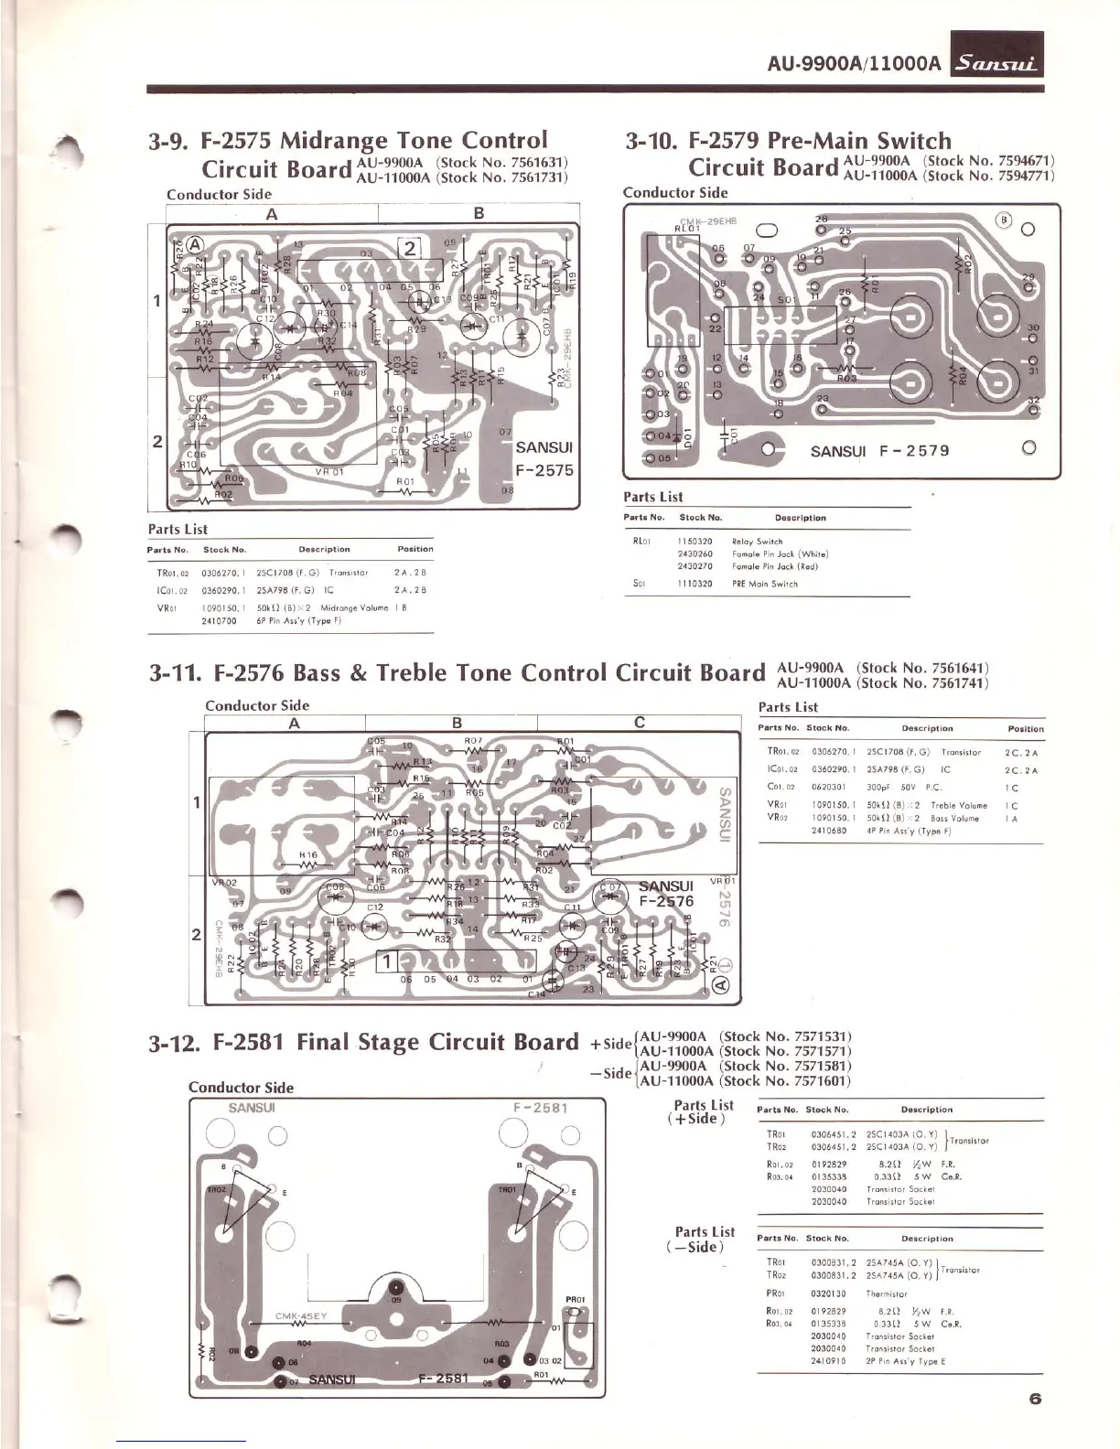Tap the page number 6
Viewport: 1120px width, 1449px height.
[x=1035, y=1399]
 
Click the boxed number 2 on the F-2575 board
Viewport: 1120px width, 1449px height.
[x=409, y=248]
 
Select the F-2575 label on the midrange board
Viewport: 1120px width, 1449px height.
[x=544, y=470]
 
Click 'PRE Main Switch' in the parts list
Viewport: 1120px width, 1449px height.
[x=764, y=584]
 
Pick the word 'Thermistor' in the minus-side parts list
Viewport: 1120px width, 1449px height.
[x=888, y=1294]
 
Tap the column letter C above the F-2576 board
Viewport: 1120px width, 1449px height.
[x=640, y=723]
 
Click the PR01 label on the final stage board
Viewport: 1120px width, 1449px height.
[x=576, y=1299]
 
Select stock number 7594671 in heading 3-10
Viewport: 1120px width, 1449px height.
[x=1023, y=160]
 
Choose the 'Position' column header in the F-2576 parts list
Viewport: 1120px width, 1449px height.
[x=1025, y=729]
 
